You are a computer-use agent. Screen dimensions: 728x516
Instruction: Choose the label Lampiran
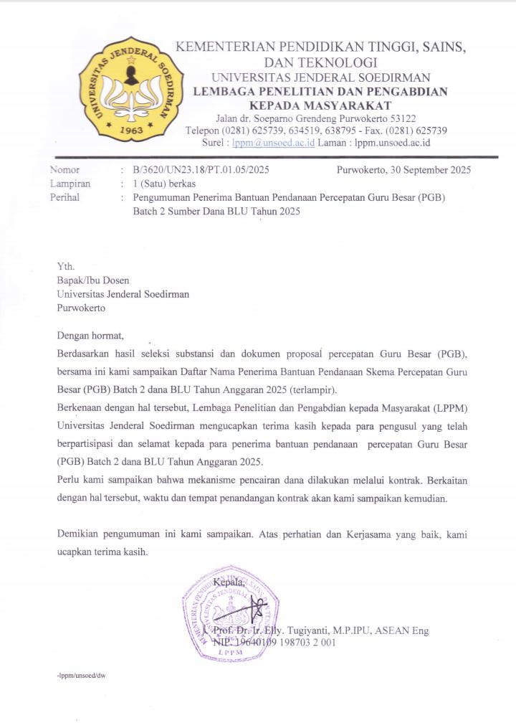coord(70,184)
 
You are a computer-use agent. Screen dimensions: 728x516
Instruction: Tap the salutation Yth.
coord(65,266)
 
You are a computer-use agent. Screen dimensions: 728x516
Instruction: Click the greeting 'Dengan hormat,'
coord(90,336)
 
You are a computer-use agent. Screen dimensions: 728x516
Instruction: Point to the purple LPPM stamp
coord(231,612)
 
